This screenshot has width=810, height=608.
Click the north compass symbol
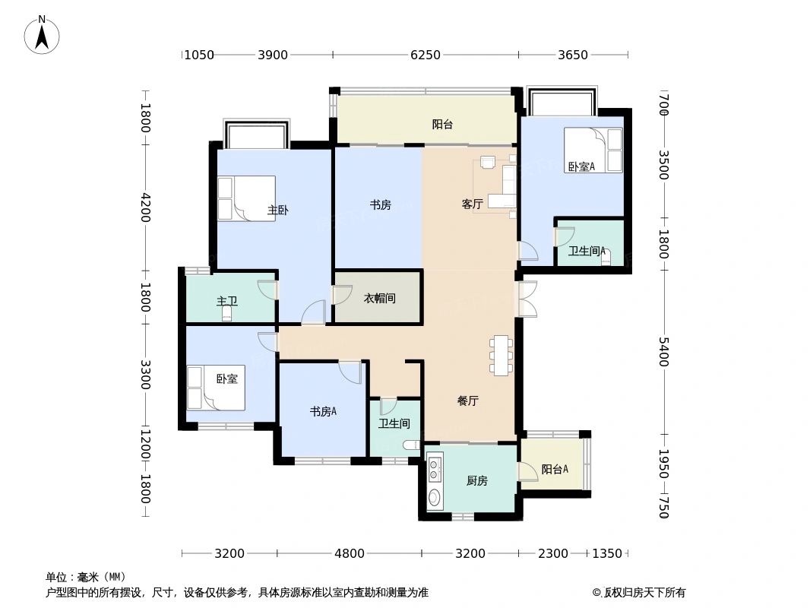click(43, 34)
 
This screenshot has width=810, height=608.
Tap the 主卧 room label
click(277, 210)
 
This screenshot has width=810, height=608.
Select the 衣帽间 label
click(379, 299)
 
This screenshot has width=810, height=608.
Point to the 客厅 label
click(473, 204)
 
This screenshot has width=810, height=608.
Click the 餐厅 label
click(468, 401)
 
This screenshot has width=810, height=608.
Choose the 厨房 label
click(476, 480)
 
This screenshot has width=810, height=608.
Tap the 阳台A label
click(555, 470)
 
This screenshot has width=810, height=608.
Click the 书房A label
click(323, 412)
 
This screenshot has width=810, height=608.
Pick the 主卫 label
click(227, 301)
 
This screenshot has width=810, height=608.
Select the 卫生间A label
click(587, 251)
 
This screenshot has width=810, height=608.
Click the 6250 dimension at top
click(426, 55)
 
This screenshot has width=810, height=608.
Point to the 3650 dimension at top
click(573, 55)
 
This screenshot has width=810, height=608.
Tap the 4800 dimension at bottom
click(350, 553)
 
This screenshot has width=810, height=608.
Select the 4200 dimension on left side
click(145, 207)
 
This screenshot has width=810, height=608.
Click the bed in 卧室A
click(593, 150)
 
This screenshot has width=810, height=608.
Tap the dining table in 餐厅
click(502, 355)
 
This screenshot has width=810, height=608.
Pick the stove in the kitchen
click(435, 468)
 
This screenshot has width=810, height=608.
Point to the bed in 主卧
click(246, 198)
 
